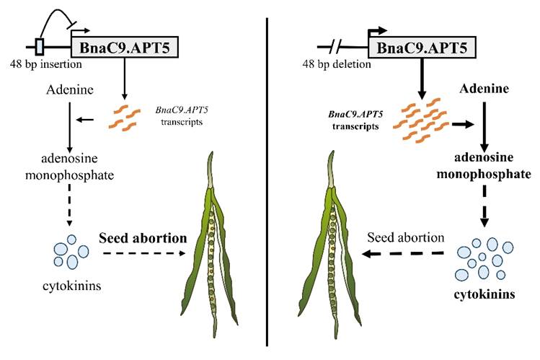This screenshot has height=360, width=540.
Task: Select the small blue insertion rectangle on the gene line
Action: click(40, 48)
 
